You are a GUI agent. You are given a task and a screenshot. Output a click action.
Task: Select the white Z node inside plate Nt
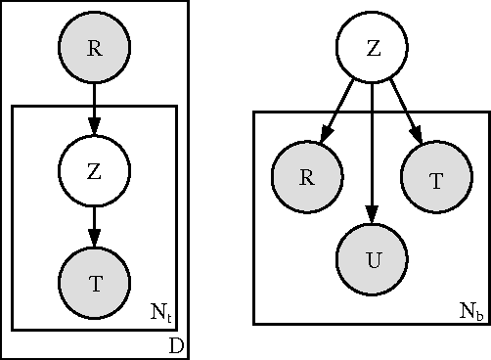tap(94, 171)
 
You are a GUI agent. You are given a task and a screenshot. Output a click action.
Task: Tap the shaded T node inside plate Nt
tap(94, 284)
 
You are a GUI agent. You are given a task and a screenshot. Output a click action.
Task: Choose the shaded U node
tap(372, 260)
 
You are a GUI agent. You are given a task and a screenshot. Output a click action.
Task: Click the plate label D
tap(176, 346)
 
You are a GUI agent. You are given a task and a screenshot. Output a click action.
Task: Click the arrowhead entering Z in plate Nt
tap(94, 128)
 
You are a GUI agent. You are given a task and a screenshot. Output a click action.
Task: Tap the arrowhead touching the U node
tap(372, 217)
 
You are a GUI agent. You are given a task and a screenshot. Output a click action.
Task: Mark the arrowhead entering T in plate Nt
tap(94, 241)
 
